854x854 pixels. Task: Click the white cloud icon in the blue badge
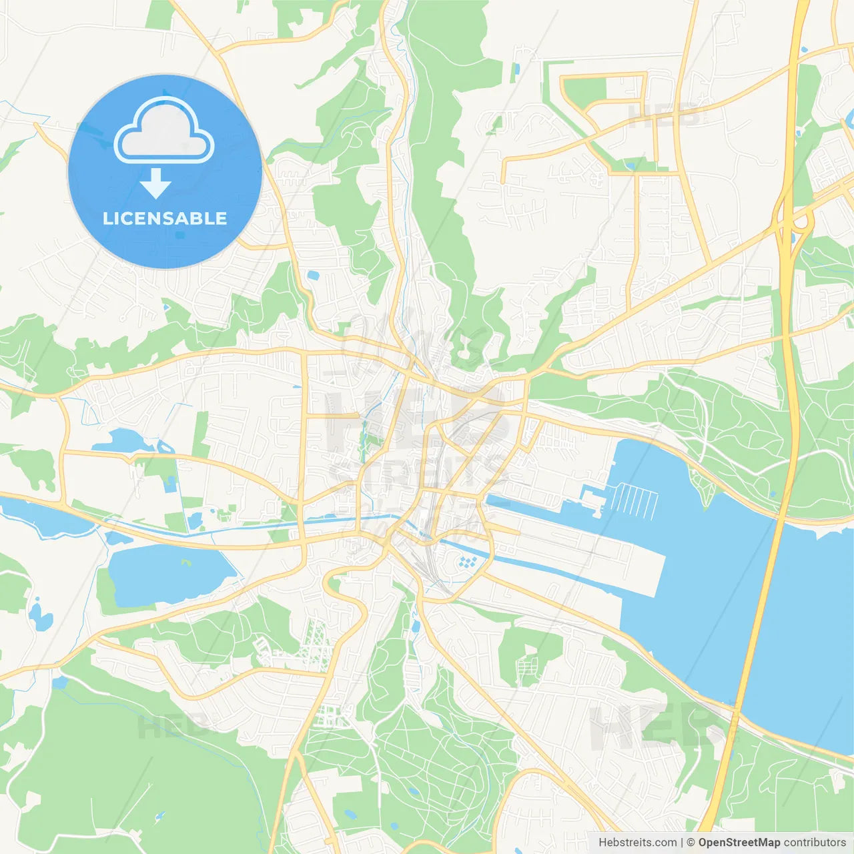click(164, 131)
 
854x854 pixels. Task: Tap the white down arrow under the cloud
click(155, 183)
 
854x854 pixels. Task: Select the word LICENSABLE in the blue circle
click(165, 218)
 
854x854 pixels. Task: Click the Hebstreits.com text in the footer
click(637, 843)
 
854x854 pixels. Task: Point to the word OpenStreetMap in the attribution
click(739, 843)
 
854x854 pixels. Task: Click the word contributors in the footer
click(815, 843)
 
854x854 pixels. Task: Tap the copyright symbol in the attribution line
click(691, 843)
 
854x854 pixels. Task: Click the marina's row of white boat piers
click(634, 501)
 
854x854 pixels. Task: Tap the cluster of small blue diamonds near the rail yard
click(469, 562)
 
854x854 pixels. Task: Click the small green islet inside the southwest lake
click(185, 562)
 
